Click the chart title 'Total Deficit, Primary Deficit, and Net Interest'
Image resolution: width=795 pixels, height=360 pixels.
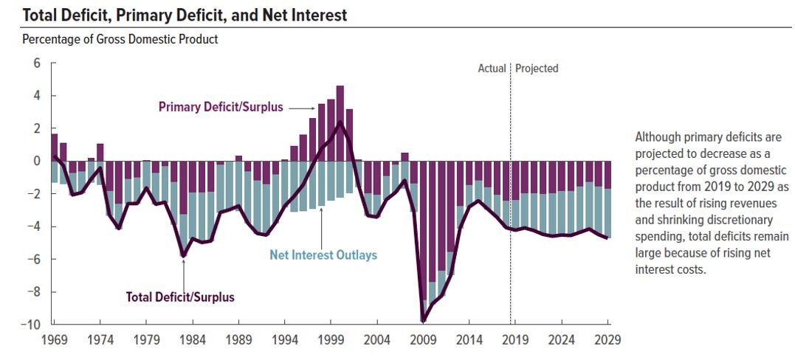(x=175, y=15)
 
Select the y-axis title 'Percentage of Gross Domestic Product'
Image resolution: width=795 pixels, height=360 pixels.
(x=120, y=39)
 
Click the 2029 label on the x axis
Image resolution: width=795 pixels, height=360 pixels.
(x=608, y=340)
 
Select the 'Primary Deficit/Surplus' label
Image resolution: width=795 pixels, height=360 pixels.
(x=220, y=108)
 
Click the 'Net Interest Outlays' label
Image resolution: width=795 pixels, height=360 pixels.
(x=323, y=255)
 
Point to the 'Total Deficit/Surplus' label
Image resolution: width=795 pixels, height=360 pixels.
(x=180, y=297)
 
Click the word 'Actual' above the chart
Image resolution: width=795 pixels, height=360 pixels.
(x=492, y=69)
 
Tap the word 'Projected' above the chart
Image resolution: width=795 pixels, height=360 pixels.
(x=537, y=69)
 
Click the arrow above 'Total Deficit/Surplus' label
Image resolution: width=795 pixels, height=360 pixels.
(x=183, y=272)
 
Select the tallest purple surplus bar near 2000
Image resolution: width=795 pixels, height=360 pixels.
(x=340, y=122)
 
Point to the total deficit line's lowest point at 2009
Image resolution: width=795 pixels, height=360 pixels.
(x=423, y=320)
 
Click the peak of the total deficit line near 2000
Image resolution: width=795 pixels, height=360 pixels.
(x=340, y=122)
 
